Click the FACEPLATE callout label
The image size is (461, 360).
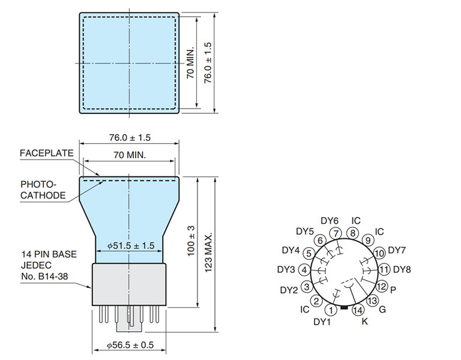point(46,153)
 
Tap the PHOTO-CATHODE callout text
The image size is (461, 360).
point(43,190)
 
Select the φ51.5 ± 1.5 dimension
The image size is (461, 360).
point(130,245)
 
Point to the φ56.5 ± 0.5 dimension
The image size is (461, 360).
point(130,345)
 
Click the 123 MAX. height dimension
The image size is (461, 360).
point(208,253)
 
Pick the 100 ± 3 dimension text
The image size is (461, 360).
point(191,241)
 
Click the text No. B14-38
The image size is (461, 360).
point(44,276)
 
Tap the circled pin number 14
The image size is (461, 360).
point(358,310)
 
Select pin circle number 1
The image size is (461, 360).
point(331,310)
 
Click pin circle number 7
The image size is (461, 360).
point(336,233)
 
